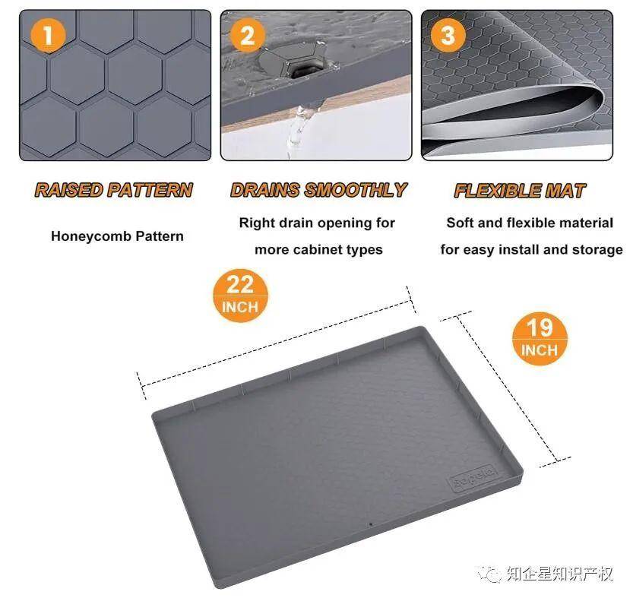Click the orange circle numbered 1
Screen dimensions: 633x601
tap(48, 35)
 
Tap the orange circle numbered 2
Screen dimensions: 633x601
tap(248, 35)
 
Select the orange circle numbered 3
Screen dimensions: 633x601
tap(448, 35)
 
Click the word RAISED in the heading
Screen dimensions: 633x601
tap(69, 190)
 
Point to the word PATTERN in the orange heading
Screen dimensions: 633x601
tap(150, 190)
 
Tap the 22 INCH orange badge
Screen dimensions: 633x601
tap(240, 296)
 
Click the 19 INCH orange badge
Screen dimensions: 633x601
tap(540, 339)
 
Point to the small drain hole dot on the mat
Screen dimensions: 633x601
tap(371, 525)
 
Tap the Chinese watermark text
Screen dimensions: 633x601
tap(560, 573)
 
